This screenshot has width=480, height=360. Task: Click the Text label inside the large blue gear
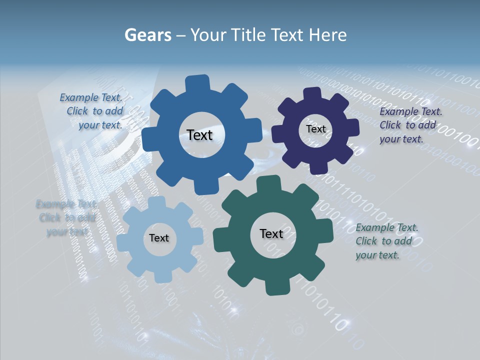pyautogui.click(x=199, y=135)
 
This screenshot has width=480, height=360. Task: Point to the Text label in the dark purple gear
pyautogui.click(x=315, y=129)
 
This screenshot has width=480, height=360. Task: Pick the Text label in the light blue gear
pyautogui.click(x=159, y=238)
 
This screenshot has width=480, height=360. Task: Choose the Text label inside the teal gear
pyautogui.click(x=271, y=233)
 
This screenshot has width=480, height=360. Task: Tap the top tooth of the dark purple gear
pyautogui.click(x=312, y=93)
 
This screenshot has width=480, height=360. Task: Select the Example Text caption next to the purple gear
pyautogui.click(x=410, y=125)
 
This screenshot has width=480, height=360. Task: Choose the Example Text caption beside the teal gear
pyautogui.click(x=386, y=241)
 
